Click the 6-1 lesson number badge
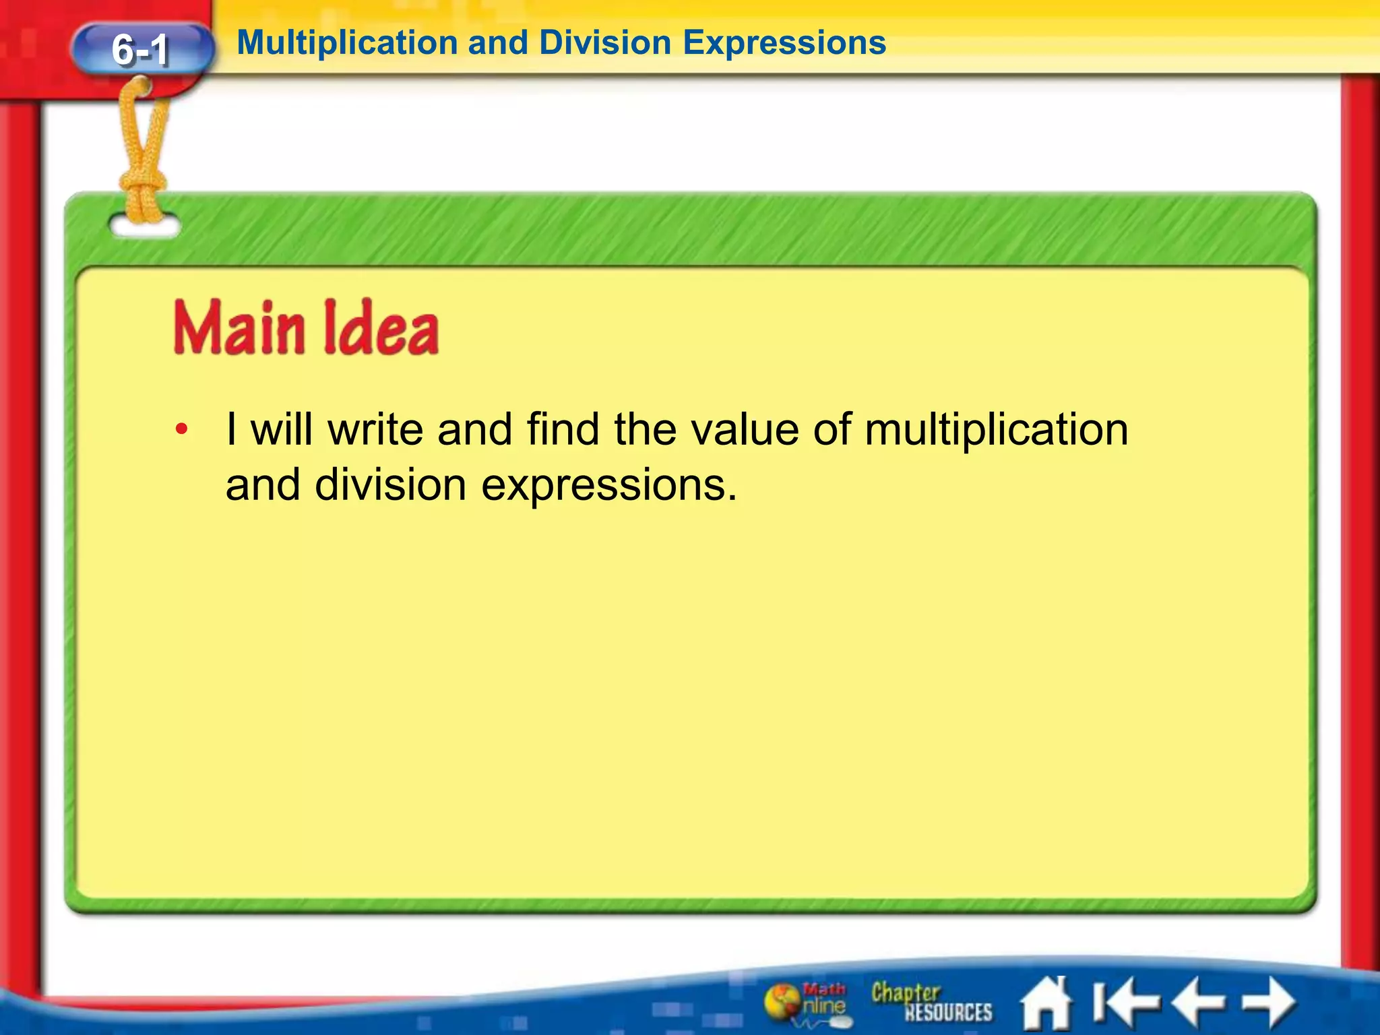click(x=141, y=49)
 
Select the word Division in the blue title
click(x=604, y=43)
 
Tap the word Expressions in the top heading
click(x=784, y=43)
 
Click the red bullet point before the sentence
click(x=181, y=429)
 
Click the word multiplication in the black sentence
click(x=996, y=429)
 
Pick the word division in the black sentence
click(x=390, y=484)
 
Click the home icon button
click(x=1046, y=1003)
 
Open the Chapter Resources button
click(x=931, y=1002)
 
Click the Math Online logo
click(x=807, y=1002)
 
